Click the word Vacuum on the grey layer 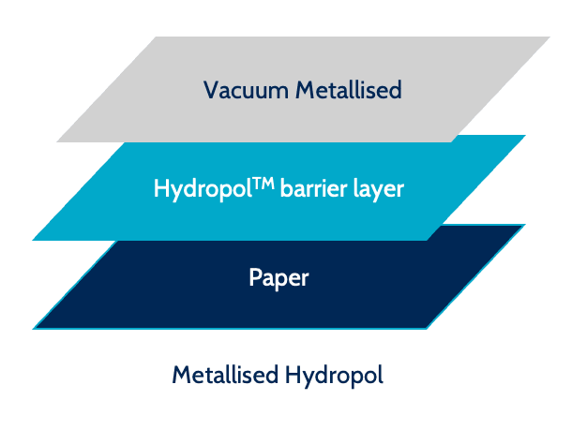point(245,90)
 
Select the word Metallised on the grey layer point(348,90)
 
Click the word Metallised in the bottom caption point(224,376)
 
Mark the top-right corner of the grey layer point(549,37)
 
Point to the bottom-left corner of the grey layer point(57,141)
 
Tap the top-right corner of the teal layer point(525,136)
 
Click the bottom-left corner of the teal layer point(33,239)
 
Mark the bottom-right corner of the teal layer point(427,239)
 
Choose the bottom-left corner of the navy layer point(34,328)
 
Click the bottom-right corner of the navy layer point(427,328)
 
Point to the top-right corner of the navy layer point(524,225)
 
